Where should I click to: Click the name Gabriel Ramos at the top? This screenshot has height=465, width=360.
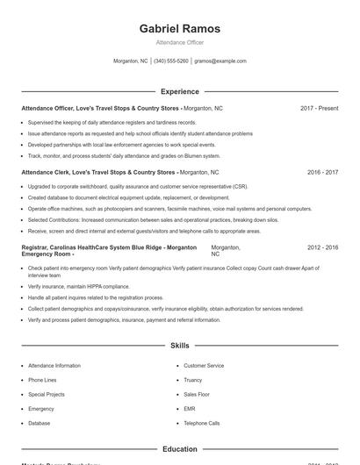(180, 28)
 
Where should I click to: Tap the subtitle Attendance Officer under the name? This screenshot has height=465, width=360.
(180, 42)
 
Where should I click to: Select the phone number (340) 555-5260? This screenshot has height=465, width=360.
(171, 61)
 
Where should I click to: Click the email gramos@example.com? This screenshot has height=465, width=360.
(220, 61)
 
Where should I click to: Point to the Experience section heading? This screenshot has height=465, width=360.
(180, 91)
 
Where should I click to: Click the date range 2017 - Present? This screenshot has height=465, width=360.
(319, 108)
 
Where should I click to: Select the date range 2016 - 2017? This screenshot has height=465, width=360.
(322, 172)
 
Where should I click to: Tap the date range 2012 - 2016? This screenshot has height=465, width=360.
(322, 247)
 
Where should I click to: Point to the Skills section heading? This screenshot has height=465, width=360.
(180, 346)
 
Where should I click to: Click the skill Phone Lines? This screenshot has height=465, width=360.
(42, 380)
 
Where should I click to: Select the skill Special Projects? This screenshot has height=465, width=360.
(47, 395)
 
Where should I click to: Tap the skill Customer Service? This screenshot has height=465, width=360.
(204, 365)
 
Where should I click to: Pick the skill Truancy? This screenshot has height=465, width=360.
(192, 380)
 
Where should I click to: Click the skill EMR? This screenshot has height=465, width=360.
(189, 409)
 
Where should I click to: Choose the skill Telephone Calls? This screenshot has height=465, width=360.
(201, 423)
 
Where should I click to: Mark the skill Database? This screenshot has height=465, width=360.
(39, 423)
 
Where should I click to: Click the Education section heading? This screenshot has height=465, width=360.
(180, 449)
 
